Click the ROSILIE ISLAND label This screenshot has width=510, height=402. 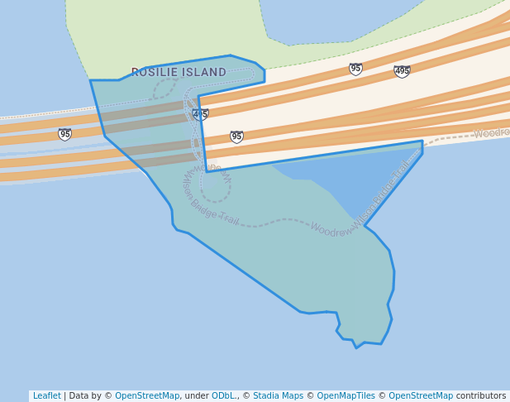click(x=179, y=73)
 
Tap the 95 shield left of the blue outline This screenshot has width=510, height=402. click(x=64, y=134)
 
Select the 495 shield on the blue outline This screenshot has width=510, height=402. click(x=200, y=114)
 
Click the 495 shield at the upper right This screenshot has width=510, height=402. click(x=402, y=71)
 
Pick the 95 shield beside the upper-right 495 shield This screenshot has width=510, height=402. click(x=355, y=69)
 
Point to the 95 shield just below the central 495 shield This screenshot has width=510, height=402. click(x=236, y=136)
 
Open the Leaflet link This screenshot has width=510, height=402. click(x=46, y=396)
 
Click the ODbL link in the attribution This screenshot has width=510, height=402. click(x=222, y=396)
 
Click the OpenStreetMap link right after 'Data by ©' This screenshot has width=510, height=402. click(x=147, y=396)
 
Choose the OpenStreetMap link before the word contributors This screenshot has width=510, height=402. click(x=421, y=396)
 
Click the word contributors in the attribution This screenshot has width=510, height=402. click(x=481, y=396)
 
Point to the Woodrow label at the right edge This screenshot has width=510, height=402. click(x=491, y=133)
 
